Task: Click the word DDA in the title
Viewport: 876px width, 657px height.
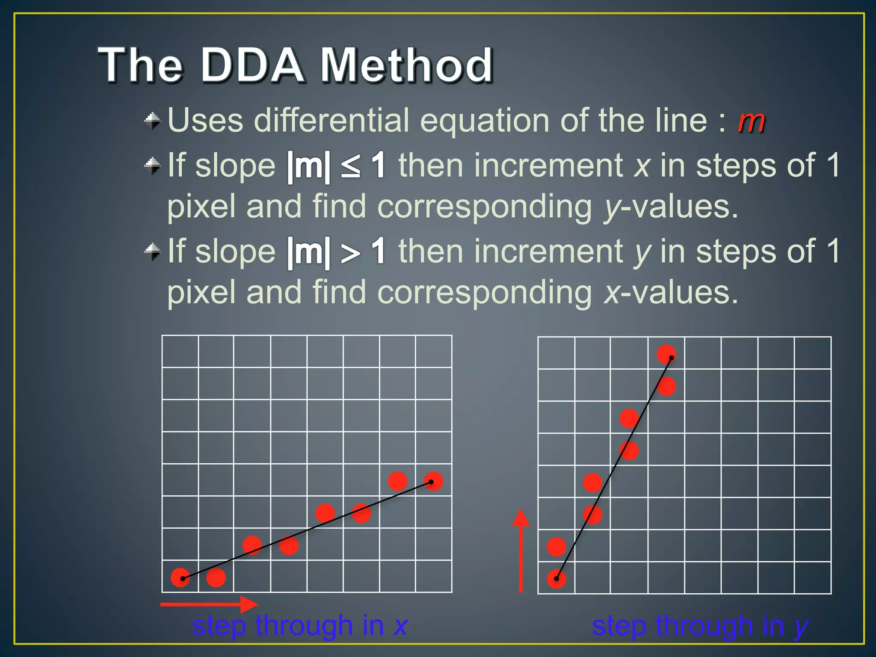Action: pyautogui.click(x=252, y=65)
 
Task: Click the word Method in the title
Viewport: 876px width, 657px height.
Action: pyautogui.click(x=407, y=65)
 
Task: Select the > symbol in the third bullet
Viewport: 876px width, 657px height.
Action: pyautogui.click(x=350, y=253)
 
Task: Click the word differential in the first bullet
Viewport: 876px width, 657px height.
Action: pyautogui.click(x=332, y=120)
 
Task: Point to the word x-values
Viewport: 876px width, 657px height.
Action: pyautogui.click(x=671, y=293)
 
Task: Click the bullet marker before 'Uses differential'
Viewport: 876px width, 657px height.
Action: pyautogui.click(x=152, y=121)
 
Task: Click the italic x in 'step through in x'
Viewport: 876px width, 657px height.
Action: pyautogui.click(x=400, y=626)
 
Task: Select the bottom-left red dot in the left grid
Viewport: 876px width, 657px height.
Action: pyautogui.click(x=180, y=578)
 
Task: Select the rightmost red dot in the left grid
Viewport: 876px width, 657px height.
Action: pyautogui.click(x=433, y=481)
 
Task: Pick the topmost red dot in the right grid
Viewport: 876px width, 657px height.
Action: pyautogui.click(x=666, y=354)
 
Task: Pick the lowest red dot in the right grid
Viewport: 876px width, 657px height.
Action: pyautogui.click(x=556, y=579)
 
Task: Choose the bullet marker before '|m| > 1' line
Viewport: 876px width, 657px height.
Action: pyautogui.click(x=152, y=252)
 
